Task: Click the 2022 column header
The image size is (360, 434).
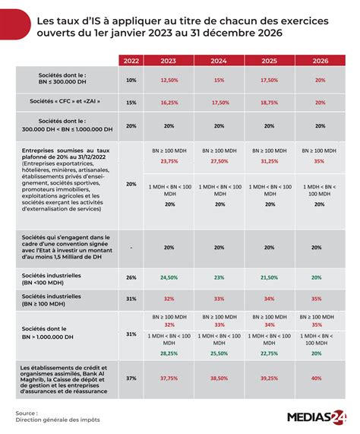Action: click(x=131, y=61)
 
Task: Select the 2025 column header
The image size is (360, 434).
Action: click(x=267, y=61)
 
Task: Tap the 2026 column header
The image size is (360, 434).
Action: click(x=318, y=61)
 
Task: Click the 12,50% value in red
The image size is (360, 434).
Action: click(x=169, y=80)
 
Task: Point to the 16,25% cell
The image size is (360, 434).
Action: click(x=169, y=102)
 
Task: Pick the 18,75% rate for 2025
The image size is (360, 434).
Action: click(x=267, y=102)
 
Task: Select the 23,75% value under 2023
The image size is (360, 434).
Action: click(x=169, y=161)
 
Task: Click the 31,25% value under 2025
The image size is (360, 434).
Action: click(x=267, y=161)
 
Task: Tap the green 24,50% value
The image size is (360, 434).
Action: click(x=169, y=277)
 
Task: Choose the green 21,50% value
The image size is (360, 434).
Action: click(x=267, y=277)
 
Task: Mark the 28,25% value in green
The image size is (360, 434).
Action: click(x=169, y=353)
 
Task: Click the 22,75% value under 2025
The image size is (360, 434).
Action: click(x=267, y=353)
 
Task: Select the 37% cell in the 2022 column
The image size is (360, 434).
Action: click(x=131, y=378)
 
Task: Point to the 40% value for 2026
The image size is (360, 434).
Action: click(x=318, y=378)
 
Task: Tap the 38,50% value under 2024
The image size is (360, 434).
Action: click(x=218, y=378)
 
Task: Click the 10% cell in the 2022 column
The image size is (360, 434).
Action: click(x=131, y=80)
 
